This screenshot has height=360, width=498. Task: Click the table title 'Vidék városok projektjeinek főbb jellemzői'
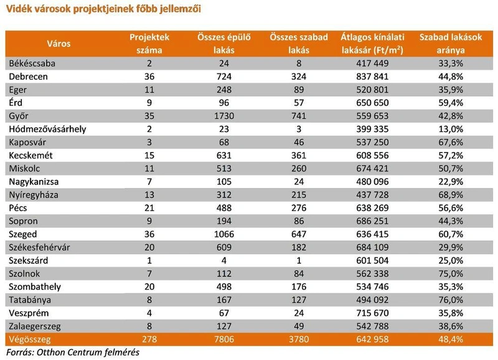103,9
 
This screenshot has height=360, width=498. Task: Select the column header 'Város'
59,44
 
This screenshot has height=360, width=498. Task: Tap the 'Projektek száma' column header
149,44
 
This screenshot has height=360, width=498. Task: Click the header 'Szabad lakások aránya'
451,44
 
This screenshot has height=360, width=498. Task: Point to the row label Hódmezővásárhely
48,129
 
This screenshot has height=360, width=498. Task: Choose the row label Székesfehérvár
39,247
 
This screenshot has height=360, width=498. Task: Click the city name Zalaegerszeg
35,326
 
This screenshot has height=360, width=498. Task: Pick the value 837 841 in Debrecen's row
372,77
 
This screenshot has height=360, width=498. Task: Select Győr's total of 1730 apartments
224,116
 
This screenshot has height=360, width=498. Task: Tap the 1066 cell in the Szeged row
224,234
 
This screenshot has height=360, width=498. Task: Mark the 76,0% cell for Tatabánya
451,300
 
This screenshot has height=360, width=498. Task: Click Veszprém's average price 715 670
372,313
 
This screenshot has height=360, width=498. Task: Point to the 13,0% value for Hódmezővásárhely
451,129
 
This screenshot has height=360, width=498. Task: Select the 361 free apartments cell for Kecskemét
299,155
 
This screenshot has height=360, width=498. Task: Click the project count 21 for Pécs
149,208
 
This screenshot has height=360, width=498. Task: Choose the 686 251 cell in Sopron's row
372,221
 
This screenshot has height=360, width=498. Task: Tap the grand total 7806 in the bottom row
224,339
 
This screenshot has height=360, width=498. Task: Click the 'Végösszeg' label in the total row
29,339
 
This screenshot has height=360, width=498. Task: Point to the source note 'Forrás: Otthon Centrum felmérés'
73,353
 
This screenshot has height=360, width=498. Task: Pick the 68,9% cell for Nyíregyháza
451,195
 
